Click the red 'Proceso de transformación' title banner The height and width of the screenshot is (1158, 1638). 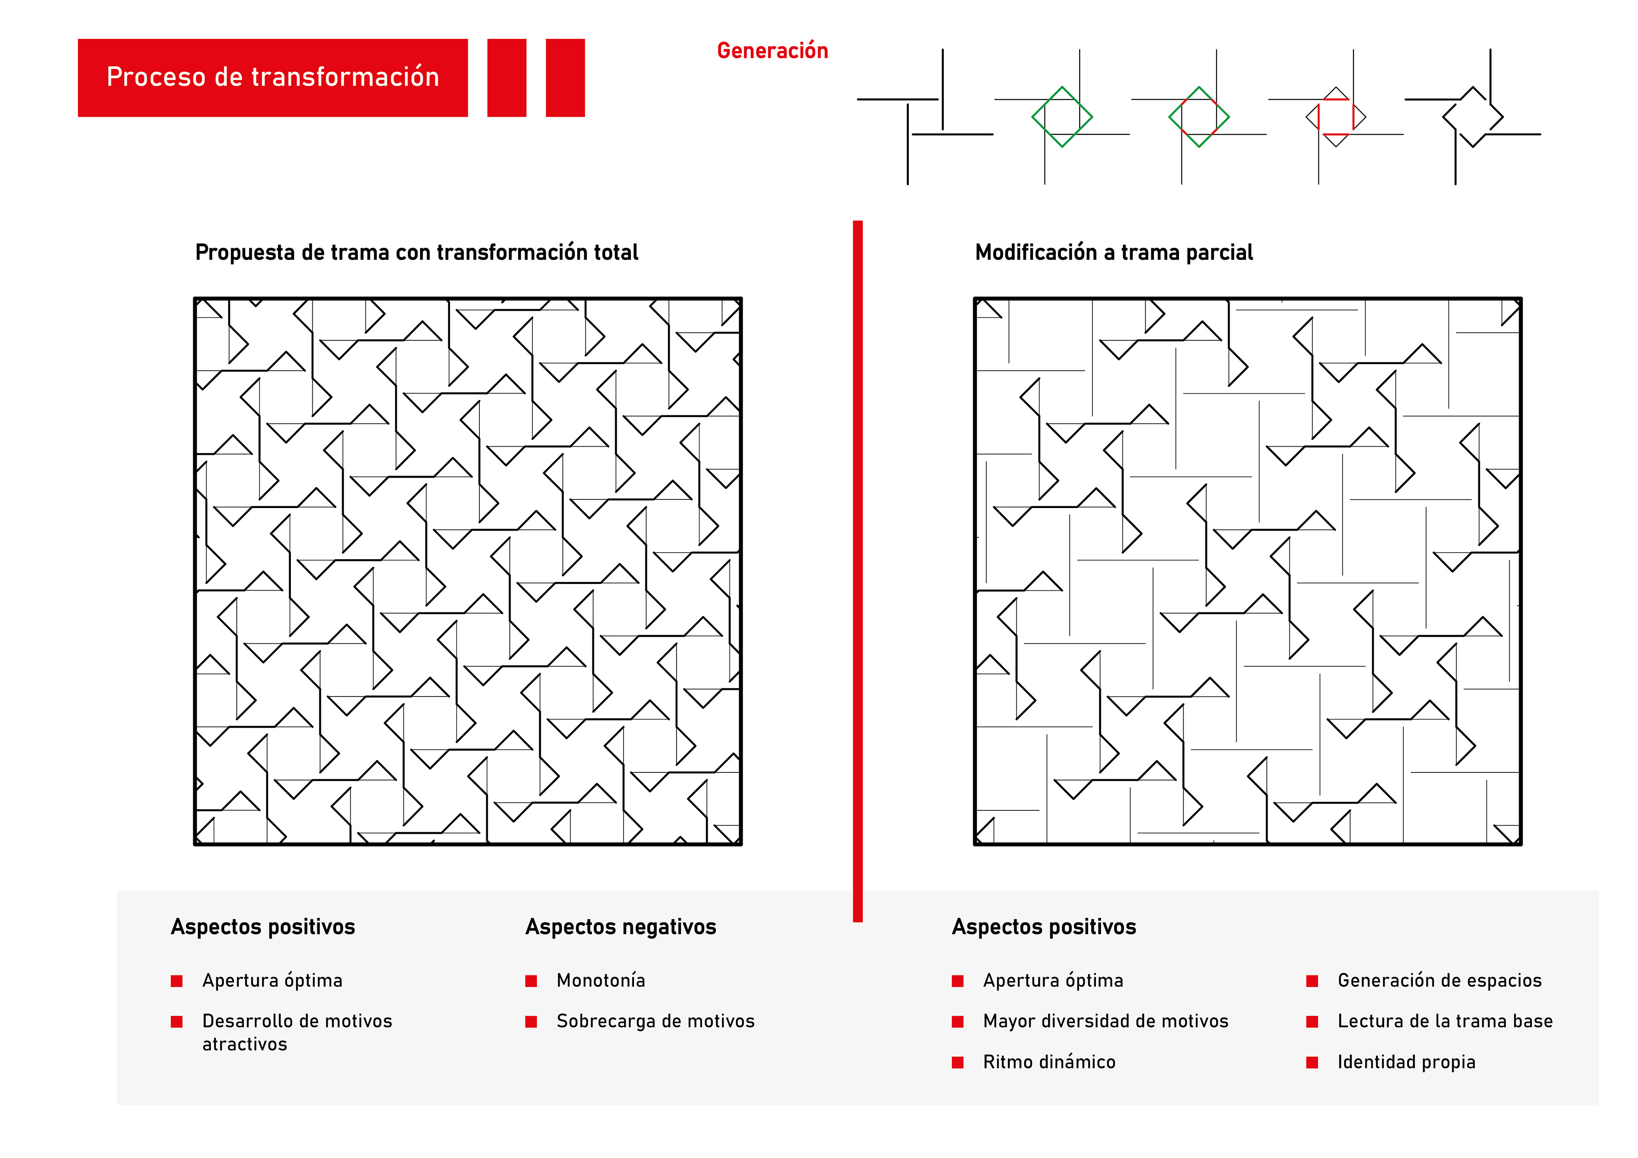[273, 77]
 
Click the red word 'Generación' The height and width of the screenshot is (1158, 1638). [772, 51]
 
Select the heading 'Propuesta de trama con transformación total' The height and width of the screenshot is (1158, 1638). [417, 252]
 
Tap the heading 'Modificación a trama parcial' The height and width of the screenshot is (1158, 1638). [1114, 252]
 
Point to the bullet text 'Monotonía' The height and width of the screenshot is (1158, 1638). [601, 980]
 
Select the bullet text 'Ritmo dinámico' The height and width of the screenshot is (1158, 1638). [1049, 1062]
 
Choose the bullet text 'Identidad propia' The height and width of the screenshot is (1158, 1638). [1406, 1062]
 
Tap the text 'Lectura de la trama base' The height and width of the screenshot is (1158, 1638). [1445, 1021]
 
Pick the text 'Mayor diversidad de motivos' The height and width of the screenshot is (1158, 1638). [1106, 1021]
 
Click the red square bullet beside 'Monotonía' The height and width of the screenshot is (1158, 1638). [531, 981]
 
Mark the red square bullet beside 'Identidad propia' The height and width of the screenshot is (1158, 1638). [1312, 1062]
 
